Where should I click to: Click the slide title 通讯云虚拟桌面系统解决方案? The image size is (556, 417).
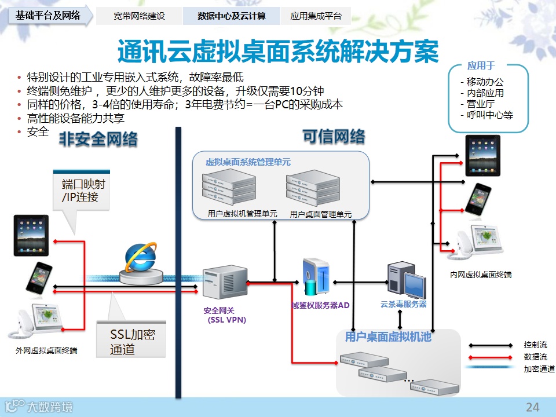[277, 53]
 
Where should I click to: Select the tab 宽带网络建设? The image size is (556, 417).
[139, 16]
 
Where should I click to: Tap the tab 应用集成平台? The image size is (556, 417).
[316, 16]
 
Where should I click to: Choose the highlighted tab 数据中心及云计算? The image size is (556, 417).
[232, 16]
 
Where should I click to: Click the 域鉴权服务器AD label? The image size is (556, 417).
[320, 305]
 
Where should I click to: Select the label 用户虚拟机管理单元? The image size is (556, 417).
[243, 214]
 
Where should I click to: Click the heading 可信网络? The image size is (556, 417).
[334, 137]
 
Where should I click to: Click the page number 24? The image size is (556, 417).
[532, 407]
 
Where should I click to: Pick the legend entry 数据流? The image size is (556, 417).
[535, 357]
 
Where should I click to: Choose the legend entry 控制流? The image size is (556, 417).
[535, 345]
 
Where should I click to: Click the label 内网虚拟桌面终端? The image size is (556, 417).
[481, 274]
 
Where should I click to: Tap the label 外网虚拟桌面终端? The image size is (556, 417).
[47, 350]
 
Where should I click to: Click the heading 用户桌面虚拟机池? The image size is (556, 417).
[388, 336]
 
